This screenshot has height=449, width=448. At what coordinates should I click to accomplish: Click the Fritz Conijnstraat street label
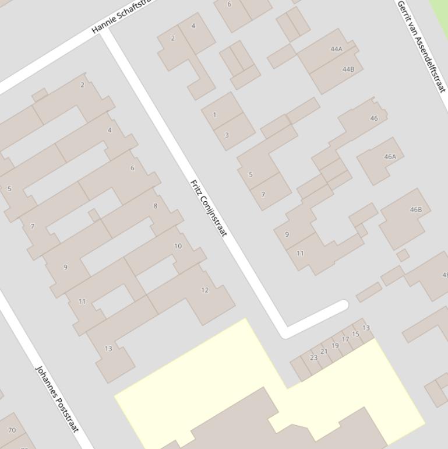tap(208, 208)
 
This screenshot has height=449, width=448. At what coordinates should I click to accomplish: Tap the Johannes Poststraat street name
tap(57, 399)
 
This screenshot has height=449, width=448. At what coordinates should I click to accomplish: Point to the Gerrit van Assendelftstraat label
tap(421, 46)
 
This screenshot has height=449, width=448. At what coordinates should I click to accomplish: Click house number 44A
tap(336, 49)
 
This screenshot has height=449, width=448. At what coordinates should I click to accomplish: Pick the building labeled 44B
tap(348, 69)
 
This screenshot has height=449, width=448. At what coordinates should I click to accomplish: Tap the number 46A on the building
tap(390, 156)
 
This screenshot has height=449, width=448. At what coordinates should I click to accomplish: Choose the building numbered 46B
tap(415, 209)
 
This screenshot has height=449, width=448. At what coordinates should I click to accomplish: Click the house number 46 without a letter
tap(373, 118)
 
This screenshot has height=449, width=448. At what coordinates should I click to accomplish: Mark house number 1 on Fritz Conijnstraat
tap(214, 115)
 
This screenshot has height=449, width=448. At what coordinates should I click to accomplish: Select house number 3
tap(227, 135)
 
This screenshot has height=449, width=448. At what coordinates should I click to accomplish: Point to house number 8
tap(155, 206)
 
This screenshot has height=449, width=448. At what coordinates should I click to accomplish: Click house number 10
tap(178, 246)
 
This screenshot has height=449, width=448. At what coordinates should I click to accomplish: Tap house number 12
tap(204, 290)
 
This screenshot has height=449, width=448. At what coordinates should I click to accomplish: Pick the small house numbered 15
tap(355, 334)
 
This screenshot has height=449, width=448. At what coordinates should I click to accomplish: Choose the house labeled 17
tap(345, 339)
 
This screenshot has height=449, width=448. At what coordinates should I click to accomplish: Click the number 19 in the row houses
tap(335, 345)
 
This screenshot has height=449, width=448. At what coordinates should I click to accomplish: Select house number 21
tap(324, 352)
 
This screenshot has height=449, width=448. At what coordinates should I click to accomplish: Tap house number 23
tap(313, 357)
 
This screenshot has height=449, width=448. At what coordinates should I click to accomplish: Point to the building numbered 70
tap(12, 430)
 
